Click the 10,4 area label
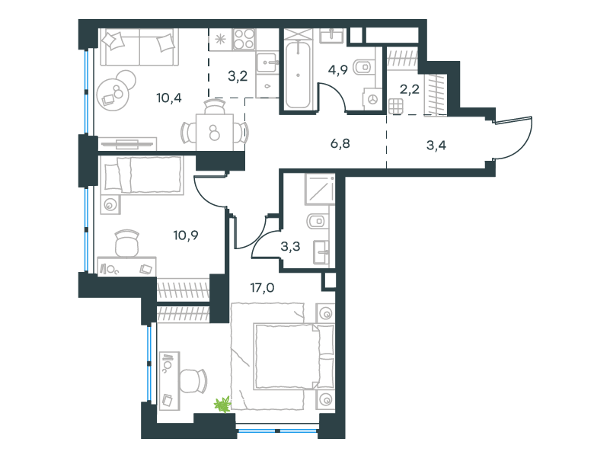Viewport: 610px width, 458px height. point(169,98)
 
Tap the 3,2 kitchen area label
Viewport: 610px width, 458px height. point(238,76)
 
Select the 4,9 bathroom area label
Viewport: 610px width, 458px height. point(337,71)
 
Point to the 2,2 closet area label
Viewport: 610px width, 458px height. point(410,89)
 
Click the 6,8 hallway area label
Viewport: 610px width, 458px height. point(340,144)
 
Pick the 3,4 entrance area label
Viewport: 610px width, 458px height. point(436,146)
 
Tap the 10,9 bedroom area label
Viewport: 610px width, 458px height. point(186,235)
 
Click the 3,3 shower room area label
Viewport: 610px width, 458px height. point(290,246)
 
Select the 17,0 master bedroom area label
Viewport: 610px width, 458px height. point(262,288)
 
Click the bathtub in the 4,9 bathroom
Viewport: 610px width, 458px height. point(298,75)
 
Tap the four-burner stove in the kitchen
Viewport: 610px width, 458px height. point(244,39)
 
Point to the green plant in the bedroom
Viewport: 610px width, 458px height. point(222,404)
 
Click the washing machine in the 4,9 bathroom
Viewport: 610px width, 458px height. point(372,100)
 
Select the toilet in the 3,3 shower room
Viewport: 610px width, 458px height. point(318,221)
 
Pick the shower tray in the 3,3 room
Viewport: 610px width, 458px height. point(320,189)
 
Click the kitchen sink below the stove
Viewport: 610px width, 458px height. point(267,62)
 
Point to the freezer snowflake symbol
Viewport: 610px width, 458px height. point(220,40)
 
